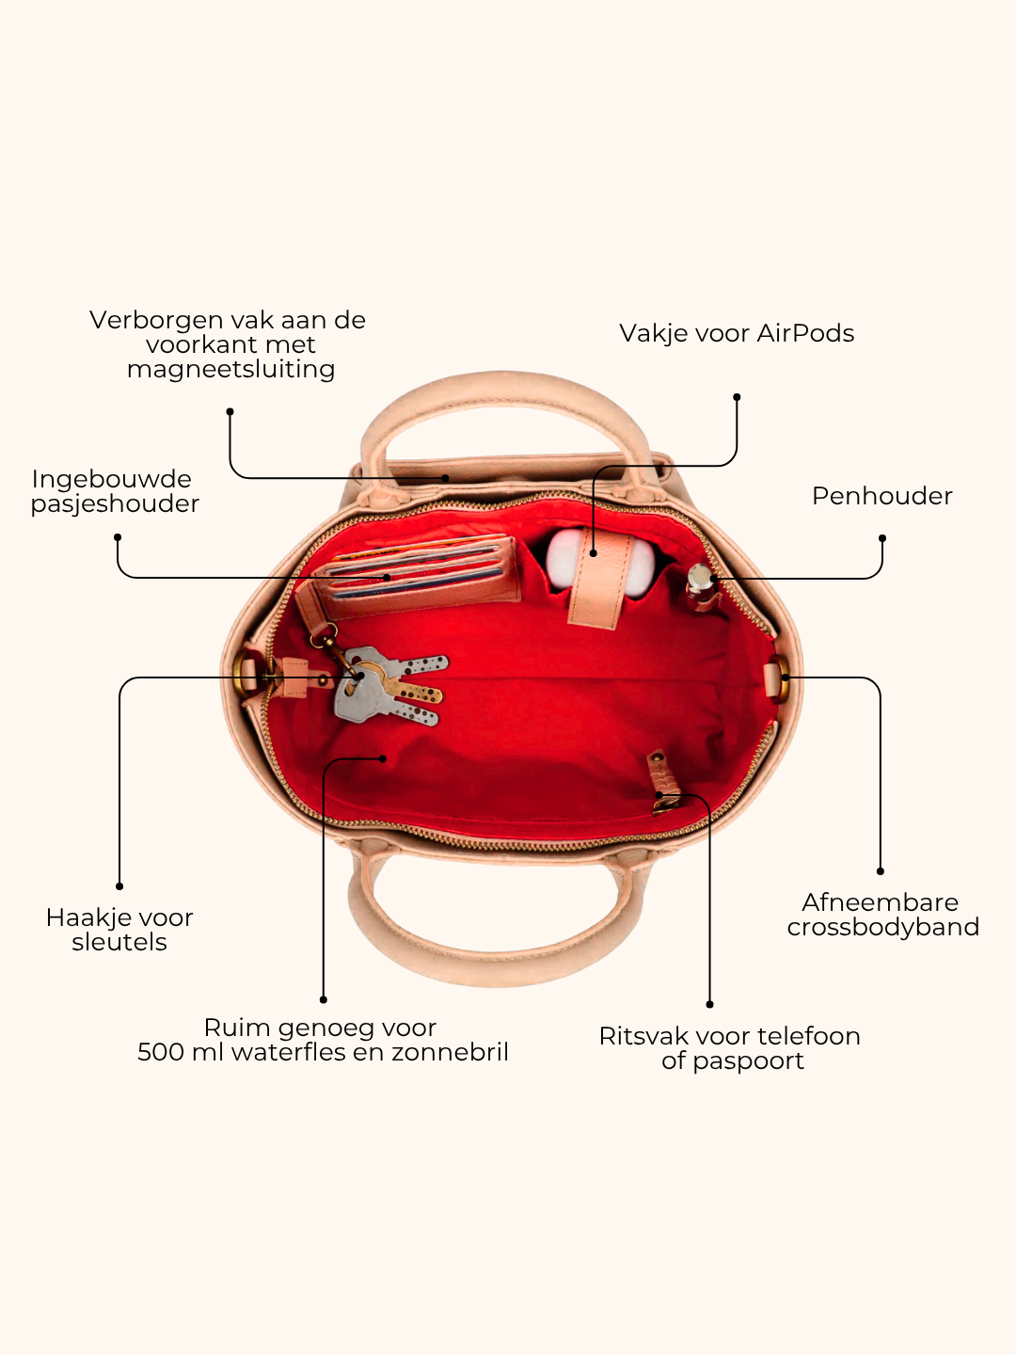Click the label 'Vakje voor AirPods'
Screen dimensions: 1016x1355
click(x=737, y=333)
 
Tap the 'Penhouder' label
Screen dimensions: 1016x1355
click(x=882, y=496)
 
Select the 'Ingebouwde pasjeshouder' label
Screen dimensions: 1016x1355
click(x=115, y=491)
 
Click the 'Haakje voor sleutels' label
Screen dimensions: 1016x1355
click(x=119, y=930)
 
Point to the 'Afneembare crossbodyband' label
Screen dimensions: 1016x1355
click(x=882, y=915)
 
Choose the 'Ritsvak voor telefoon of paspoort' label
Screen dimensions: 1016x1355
click(x=730, y=1048)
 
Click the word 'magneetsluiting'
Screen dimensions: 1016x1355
click(x=230, y=370)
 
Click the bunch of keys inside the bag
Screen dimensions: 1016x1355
click(x=389, y=684)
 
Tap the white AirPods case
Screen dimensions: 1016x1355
click(x=599, y=562)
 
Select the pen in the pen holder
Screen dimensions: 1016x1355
click(x=701, y=585)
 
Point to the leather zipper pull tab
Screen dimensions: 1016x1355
click(x=664, y=781)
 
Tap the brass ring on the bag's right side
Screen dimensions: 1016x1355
click(x=783, y=677)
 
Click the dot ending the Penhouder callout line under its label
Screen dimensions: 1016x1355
click(x=882, y=538)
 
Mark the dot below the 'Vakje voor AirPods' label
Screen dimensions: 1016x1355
click(x=737, y=397)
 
